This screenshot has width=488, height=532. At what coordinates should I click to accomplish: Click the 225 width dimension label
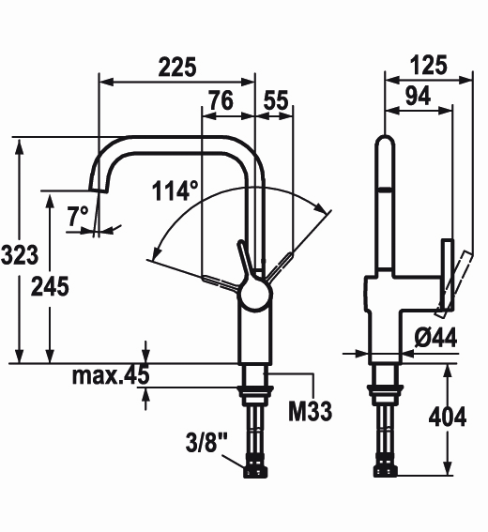[x=177, y=67]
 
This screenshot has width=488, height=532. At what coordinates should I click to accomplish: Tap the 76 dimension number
[x=221, y=100]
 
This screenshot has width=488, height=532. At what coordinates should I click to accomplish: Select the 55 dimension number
[x=276, y=100]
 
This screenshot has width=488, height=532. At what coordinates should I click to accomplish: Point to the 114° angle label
[x=175, y=190]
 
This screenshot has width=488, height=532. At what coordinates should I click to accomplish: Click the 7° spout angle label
[x=77, y=216]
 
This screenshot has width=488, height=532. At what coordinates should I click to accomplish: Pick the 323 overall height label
[x=20, y=254]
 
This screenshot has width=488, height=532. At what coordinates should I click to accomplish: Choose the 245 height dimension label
[x=50, y=286]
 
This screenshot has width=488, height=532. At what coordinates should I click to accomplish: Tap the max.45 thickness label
[x=111, y=375]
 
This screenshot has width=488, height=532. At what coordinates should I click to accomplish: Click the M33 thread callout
[x=311, y=411]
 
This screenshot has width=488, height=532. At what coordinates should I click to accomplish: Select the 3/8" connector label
[x=206, y=442]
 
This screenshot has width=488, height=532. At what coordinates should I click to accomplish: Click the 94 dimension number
[x=419, y=96]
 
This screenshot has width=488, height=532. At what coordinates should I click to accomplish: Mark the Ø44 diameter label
[x=435, y=337]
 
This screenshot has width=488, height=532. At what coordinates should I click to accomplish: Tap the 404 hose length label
[x=448, y=417]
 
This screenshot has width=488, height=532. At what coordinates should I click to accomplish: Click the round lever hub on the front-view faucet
[x=255, y=294]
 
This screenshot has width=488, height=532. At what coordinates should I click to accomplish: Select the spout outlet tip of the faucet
[x=98, y=190]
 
